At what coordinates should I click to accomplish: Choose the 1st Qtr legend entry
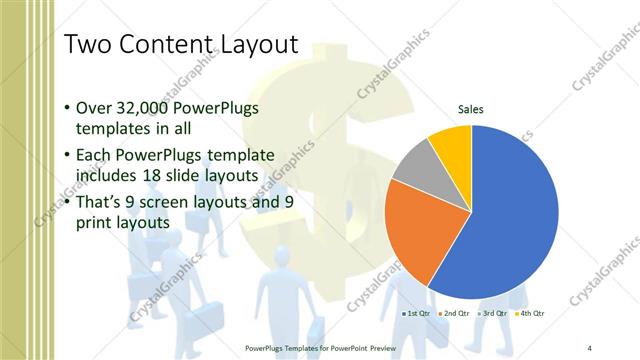click(x=416, y=314)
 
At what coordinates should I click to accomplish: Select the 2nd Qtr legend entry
click(x=456, y=314)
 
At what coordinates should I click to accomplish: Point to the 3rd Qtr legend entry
click(x=494, y=314)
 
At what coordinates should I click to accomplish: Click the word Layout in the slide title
click(x=255, y=45)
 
